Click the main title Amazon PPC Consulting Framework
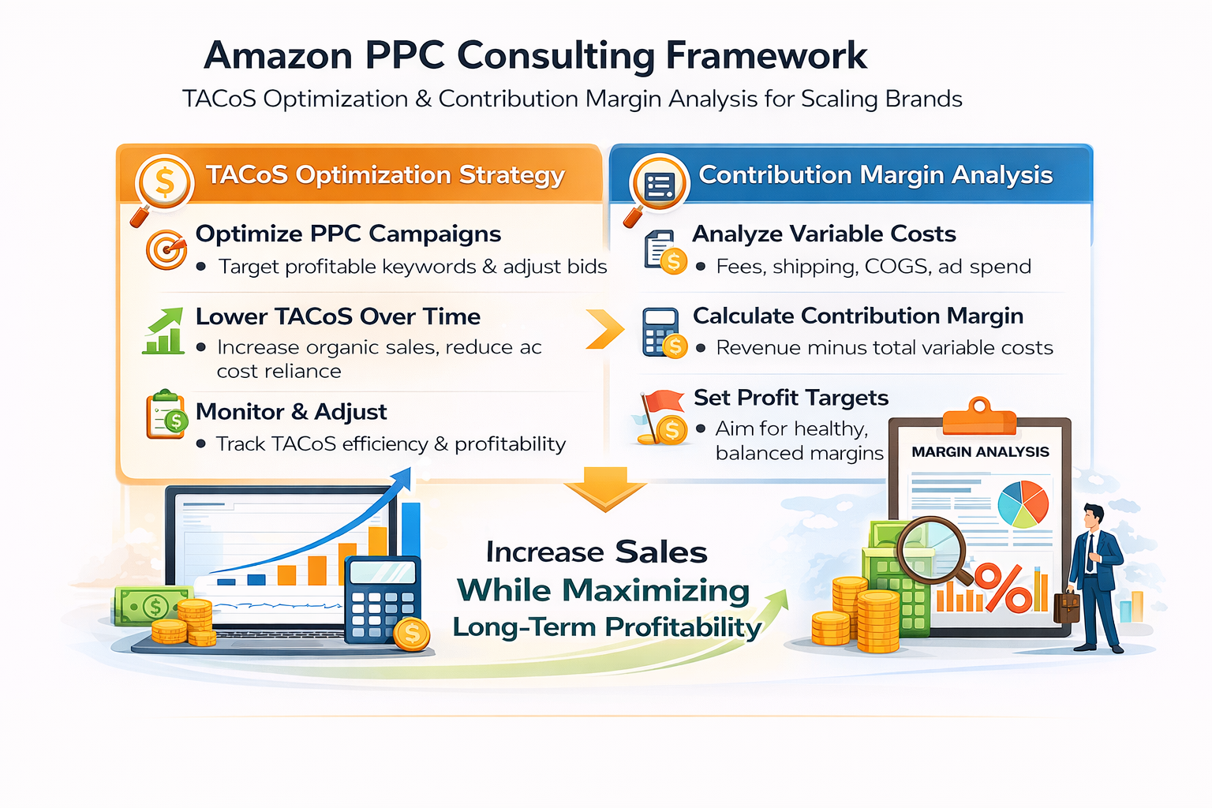pos(535,56)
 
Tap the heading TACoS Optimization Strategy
pos(385,175)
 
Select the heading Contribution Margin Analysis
pos(875,175)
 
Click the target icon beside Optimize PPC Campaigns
pos(166,249)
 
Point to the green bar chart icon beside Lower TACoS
pos(164,331)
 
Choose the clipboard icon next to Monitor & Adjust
pos(166,415)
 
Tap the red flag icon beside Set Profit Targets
pos(661,404)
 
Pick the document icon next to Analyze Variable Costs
pos(661,251)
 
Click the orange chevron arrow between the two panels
pos(604,329)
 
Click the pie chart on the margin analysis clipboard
pos(1023,503)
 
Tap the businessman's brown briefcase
pos(1067,607)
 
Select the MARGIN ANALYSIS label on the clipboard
pos(980,452)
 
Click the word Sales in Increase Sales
pos(661,552)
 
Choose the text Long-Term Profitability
pos(606,627)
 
